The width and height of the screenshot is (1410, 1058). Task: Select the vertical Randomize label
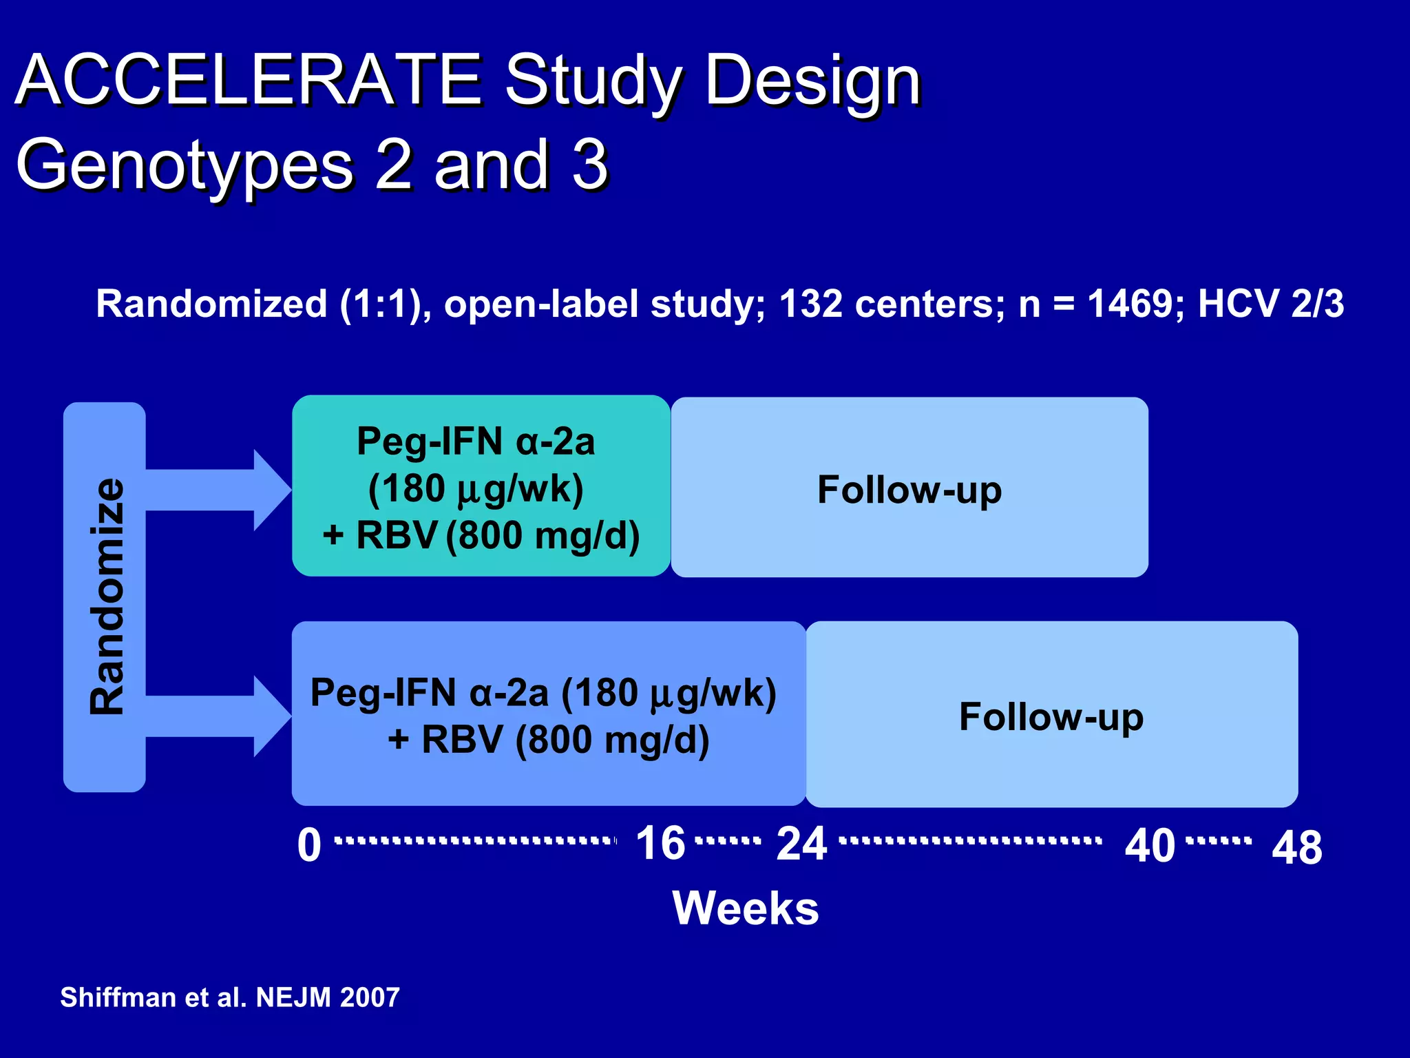[107, 597]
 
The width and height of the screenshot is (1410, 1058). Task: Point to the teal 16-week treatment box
[481, 486]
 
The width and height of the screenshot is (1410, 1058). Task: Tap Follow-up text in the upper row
[909, 490]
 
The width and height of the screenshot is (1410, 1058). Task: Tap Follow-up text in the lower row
[1051, 716]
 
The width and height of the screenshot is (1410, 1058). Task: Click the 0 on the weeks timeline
[309, 845]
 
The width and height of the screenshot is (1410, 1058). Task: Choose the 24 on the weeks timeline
[801, 844]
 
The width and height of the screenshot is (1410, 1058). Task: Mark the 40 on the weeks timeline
[1149, 846]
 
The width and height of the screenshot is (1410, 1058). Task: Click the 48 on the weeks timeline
[1297, 848]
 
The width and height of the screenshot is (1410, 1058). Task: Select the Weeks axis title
[746, 908]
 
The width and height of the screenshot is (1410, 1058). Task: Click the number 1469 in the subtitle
[1136, 304]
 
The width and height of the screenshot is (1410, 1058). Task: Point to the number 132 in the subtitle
[810, 304]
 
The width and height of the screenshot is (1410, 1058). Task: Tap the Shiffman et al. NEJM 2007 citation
[230, 997]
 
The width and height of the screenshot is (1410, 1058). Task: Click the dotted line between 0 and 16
[475, 841]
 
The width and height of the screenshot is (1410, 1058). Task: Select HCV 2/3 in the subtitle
[1270, 304]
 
